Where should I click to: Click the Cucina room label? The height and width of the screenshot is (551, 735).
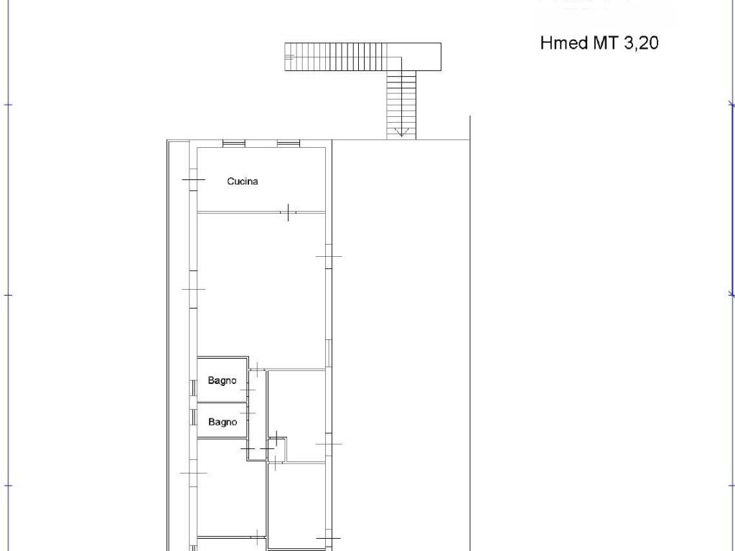click(243, 182)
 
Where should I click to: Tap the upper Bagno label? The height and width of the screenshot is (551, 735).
click(223, 380)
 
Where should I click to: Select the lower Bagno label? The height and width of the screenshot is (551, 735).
click(223, 422)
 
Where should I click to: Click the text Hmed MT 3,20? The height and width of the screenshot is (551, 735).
click(599, 43)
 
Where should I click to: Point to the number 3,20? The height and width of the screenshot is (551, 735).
click(641, 43)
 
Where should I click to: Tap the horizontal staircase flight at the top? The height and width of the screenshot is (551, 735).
click(342, 57)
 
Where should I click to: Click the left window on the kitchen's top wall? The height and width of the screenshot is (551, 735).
click(233, 143)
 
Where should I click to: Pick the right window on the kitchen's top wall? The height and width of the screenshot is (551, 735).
click(288, 143)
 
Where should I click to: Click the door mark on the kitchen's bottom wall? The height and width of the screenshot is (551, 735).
click(288, 212)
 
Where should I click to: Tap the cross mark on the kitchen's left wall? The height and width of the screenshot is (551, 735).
click(194, 179)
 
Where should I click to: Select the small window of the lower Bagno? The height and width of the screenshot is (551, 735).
click(192, 417)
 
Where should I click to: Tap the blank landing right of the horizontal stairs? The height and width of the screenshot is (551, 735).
click(421, 57)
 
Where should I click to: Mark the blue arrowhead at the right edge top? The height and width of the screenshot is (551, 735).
click(731, 103)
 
